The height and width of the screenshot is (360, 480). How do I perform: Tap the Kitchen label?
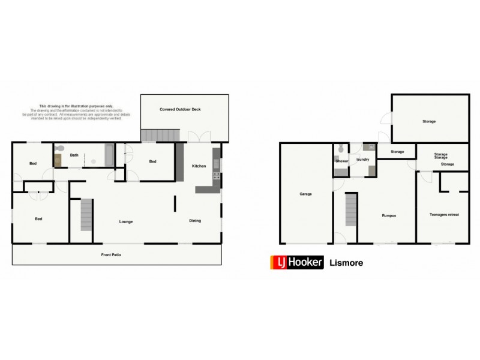coord(199,166)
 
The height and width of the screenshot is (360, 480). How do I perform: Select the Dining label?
coord(195,220)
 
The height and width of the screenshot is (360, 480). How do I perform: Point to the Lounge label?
coord(126,221)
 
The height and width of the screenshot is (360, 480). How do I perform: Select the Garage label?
coord(305,194)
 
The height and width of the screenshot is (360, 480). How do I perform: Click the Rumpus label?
coord(389,215)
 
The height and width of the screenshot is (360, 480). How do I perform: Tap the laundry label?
coord(362,160)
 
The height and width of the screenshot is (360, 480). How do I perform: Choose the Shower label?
coord(342,161)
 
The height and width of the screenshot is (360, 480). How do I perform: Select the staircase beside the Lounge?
coord(86,215)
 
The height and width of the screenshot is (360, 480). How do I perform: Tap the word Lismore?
coord(346,263)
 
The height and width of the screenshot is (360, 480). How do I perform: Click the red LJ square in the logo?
coord(279,263)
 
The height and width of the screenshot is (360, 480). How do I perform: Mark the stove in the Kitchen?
coord(217,177)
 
